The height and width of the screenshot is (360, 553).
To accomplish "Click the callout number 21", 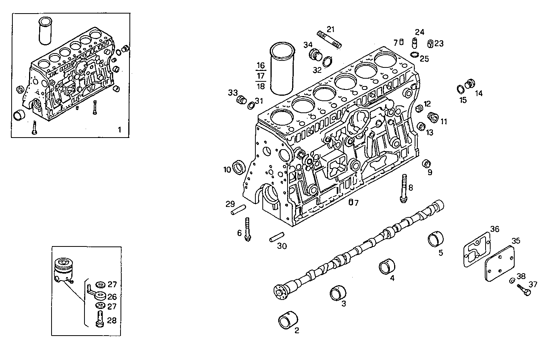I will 330,29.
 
